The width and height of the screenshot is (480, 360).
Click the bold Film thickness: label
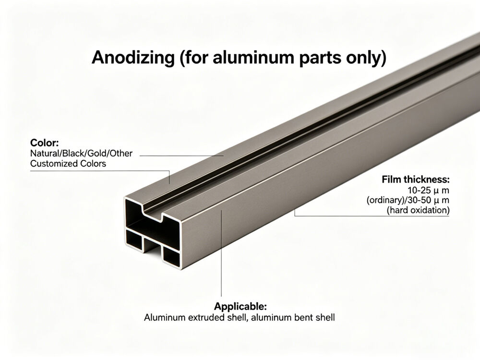click(416, 180)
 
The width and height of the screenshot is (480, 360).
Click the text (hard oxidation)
click(418, 210)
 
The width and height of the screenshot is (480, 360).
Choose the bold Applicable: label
click(240, 307)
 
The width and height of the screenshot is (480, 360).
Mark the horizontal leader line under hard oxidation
click(372, 216)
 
